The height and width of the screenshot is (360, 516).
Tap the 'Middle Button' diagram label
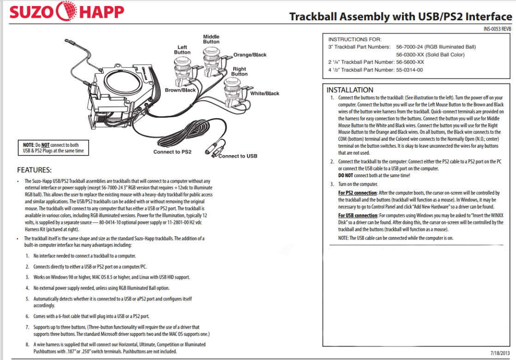(x=211, y=39)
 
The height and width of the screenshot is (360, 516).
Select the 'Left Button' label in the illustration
(x=182, y=49)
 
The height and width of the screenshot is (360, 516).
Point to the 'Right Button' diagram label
(x=239, y=72)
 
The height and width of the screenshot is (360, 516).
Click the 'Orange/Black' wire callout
(x=250, y=55)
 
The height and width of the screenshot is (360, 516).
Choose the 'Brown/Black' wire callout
(x=180, y=90)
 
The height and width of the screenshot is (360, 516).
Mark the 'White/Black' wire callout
(x=264, y=94)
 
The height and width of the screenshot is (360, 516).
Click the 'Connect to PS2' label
(x=172, y=152)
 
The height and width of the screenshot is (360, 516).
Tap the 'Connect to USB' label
(x=238, y=156)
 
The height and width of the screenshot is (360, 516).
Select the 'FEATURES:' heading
(x=34, y=170)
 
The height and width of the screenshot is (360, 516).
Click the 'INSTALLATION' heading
(x=350, y=90)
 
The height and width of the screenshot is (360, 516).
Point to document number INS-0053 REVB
(x=498, y=29)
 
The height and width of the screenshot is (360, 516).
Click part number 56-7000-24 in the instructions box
(x=409, y=47)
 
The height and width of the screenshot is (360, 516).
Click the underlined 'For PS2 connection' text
(x=358, y=193)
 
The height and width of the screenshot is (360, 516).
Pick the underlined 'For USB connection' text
(x=358, y=216)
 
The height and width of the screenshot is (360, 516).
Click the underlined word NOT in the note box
(x=45, y=145)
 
